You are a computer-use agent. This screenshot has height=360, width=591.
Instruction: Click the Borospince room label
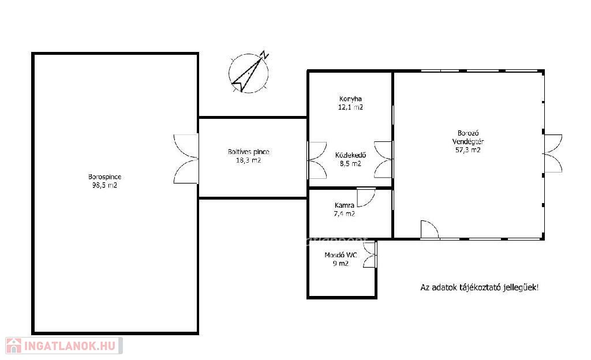click(105, 177)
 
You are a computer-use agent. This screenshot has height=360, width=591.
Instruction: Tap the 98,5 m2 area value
click(105, 185)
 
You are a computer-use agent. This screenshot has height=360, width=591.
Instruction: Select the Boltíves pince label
click(248, 152)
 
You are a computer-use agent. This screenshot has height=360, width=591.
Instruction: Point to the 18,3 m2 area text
click(248, 160)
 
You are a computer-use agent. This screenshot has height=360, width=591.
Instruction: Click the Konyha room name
click(350, 99)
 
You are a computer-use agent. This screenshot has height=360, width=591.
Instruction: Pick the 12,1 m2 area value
click(350, 107)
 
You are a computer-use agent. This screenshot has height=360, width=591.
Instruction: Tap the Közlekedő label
click(350, 155)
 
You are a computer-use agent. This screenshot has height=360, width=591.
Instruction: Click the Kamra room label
click(345, 205)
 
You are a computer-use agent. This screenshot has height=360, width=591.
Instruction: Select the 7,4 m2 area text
click(345, 214)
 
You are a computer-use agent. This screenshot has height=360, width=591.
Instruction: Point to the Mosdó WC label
click(341, 256)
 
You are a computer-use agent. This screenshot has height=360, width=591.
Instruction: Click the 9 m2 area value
click(341, 264)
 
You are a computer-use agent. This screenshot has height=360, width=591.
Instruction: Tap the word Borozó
click(468, 133)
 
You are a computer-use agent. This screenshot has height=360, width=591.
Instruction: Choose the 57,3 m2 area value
click(468, 150)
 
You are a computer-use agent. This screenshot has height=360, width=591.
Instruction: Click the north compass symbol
click(249, 72)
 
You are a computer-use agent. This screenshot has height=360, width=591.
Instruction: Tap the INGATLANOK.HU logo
click(63, 346)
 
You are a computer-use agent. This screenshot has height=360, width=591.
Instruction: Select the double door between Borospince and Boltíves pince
click(186, 159)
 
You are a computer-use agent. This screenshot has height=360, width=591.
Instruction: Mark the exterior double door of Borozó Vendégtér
click(553, 153)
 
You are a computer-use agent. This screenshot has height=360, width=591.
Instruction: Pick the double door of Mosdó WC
click(370, 255)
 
